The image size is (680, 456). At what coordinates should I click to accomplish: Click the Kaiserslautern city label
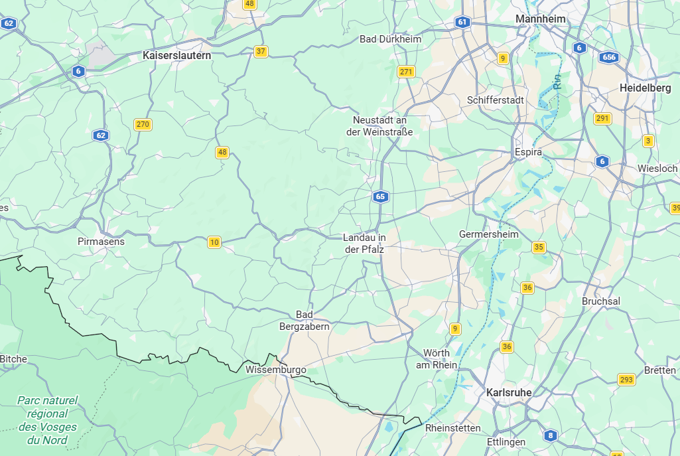pyautogui.click(x=177, y=56)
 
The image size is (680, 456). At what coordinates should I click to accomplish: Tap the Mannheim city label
pyautogui.click(x=541, y=19)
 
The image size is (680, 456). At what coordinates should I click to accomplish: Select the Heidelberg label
pyautogui.click(x=645, y=88)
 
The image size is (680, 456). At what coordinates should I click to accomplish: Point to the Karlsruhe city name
pyautogui.click(x=509, y=392)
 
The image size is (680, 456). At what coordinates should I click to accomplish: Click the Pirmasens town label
pyautogui.click(x=101, y=242)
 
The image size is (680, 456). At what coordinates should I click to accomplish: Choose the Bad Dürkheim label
pyautogui.click(x=390, y=39)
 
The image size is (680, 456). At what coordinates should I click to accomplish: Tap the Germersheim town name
pyautogui.click(x=489, y=234)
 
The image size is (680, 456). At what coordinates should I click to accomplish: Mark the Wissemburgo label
pyautogui.click(x=275, y=369)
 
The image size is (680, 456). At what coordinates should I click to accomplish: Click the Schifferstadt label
pyautogui.click(x=496, y=100)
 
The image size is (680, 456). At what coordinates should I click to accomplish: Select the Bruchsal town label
pyautogui.click(x=601, y=301)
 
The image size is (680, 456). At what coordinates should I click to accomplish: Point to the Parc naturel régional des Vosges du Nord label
pyautogui.click(x=48, y=420)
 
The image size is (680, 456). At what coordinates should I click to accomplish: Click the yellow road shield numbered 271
pyautogui.click(x=407, y=72)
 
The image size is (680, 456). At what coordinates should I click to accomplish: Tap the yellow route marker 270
pyautogui.click(x=143, y=124)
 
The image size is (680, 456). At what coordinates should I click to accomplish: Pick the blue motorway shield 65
pyautogui.click(x=380, y=196)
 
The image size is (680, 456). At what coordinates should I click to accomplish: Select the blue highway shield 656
pyautogui.click(x=609, y=57)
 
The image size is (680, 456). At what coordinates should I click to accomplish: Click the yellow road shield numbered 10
pyautogui.click(x=214, y=242)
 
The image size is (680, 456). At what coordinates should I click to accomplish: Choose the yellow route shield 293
pyautogui.click(x=626, y=380)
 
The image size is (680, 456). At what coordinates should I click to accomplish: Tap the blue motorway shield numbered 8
pyautogui.click(x=550, y=435)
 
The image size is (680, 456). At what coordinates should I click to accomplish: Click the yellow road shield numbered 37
pyautogui.click(x=261, y=51)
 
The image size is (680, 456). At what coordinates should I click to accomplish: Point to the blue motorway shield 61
pyautogui.click(x=462, y=22)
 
